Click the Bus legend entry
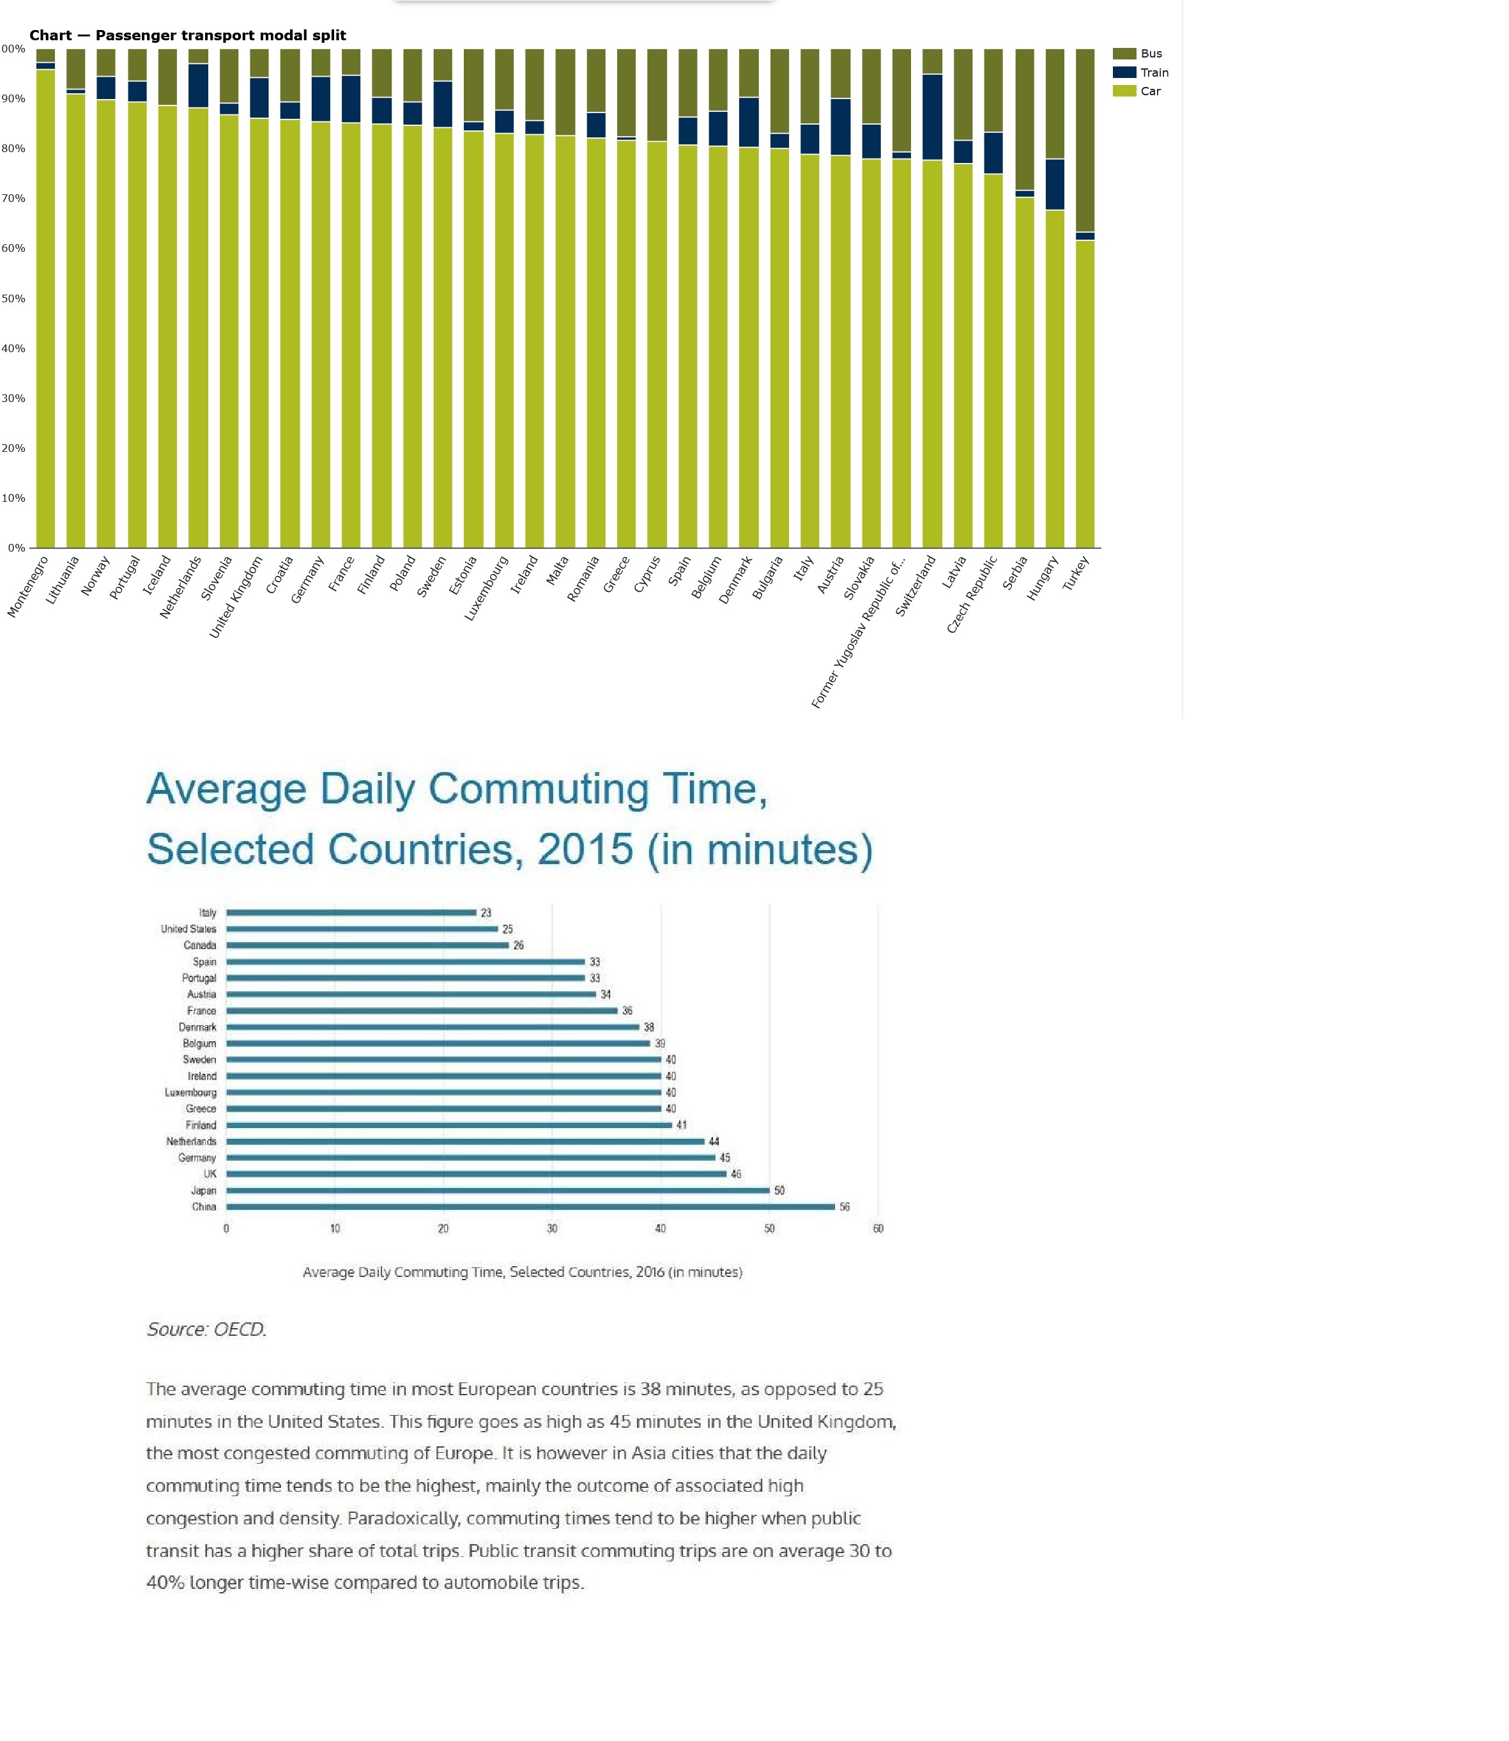(x=1150, y=53)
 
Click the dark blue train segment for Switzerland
(x=932, y=117)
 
